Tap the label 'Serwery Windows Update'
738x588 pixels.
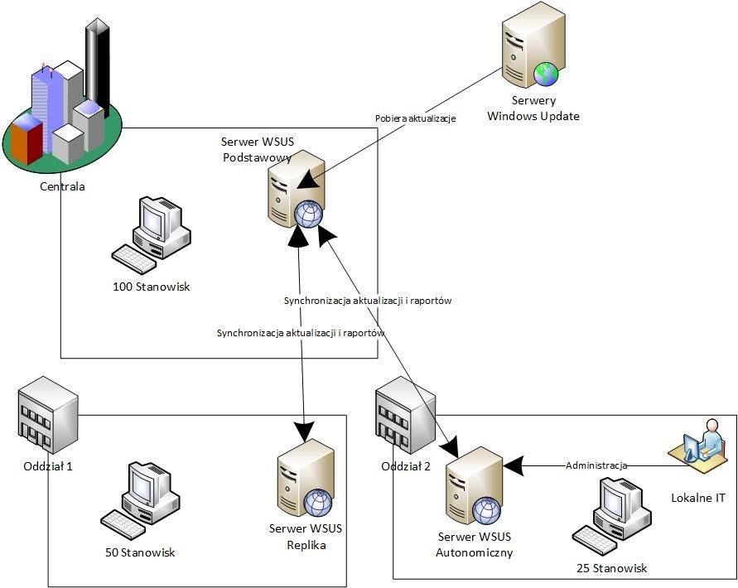pyautogui.click(x=533, y=108)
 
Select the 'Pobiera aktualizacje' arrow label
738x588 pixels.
pyautogui.click(x=415, y=119)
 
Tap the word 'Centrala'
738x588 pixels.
pyautogui.click(x=62, y=186)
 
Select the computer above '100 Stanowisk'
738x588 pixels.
pyautogui.click(x=152, y=235)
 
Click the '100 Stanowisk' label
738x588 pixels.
pyautogui.click(x=152, y=287)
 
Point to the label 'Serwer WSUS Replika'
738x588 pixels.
pyautogui.click(x=306, y=537)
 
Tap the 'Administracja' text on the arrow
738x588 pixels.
pyautogui.click(x=596, y=465)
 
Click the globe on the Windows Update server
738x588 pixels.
pyautogui.click(x=547, y=74)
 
